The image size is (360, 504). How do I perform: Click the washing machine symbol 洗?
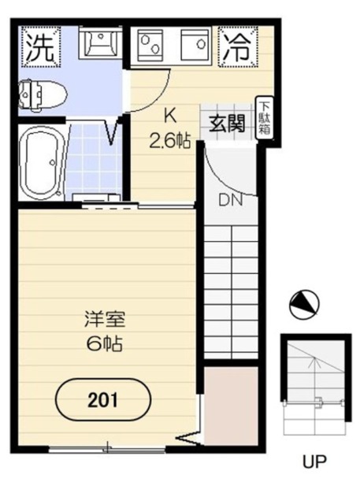coord(40,47)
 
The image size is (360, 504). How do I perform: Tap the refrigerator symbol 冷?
coord(237,47)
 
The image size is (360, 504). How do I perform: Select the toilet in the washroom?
coord(43,95)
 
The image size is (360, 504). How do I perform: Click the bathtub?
coord(43,163)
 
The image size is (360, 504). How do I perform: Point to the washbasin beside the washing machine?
coord(101,43)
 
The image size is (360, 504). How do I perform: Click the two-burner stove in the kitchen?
coord(150,45)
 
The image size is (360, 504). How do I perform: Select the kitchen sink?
coord(195,45)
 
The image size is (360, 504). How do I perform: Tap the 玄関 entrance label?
coord(227,124)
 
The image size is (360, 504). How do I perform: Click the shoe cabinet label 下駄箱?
coord(265,118)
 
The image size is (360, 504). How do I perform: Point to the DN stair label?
coord(231,201)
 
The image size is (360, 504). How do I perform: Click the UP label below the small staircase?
coord(314,462)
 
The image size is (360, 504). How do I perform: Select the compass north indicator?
coord(304,305)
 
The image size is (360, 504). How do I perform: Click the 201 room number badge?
coord(103,400)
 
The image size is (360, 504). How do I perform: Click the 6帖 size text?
coord(104,344)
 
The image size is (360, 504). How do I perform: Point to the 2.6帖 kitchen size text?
coord(170,140)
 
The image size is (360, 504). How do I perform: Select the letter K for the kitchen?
coord(170,116)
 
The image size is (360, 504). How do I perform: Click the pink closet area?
coord(231,406)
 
